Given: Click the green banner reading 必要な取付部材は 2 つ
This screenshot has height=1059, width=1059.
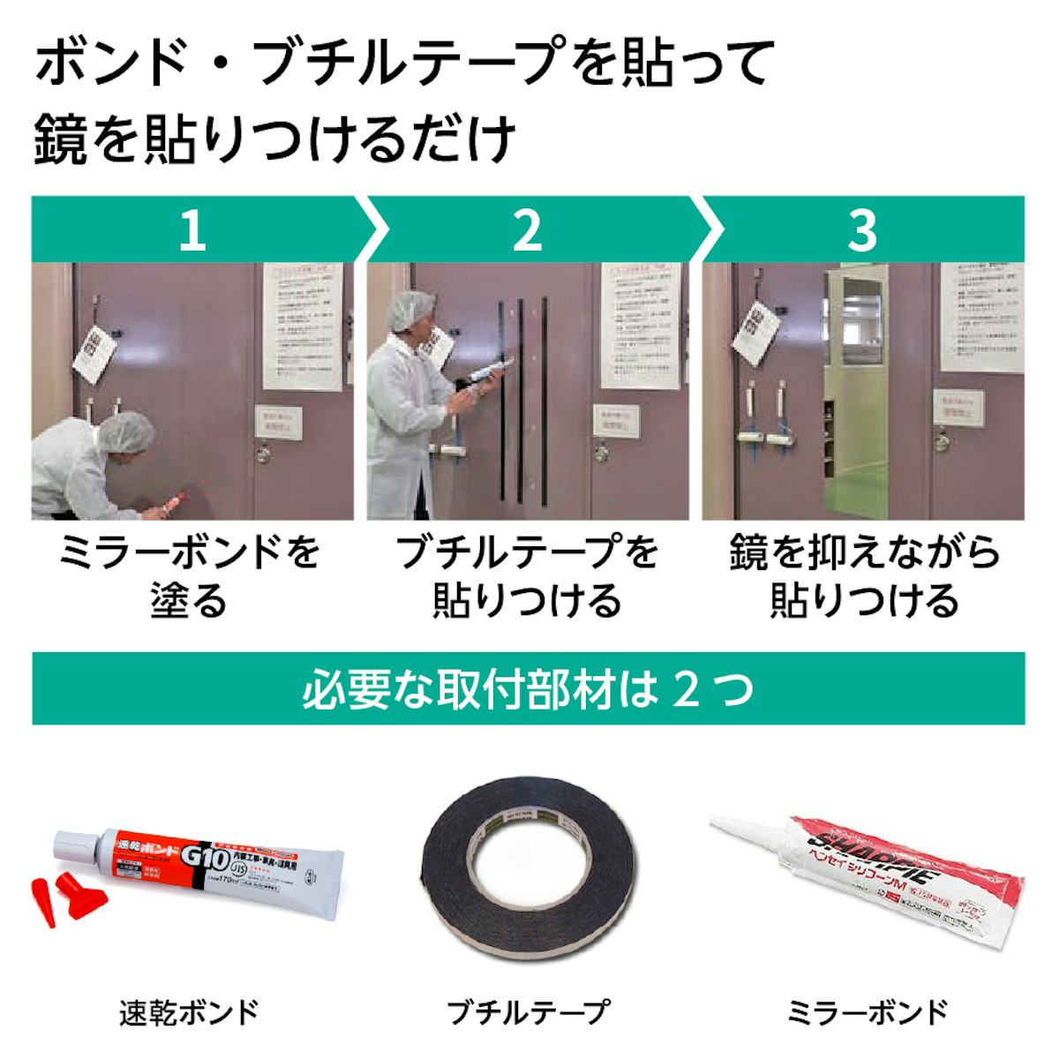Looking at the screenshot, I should [528, 689].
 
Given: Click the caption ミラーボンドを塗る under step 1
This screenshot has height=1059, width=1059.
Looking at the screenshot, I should [189, 577].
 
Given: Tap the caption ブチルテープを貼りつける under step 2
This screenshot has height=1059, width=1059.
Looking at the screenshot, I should [527, 577].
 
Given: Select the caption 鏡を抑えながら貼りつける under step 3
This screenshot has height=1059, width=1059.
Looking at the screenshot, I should [865, 577].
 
